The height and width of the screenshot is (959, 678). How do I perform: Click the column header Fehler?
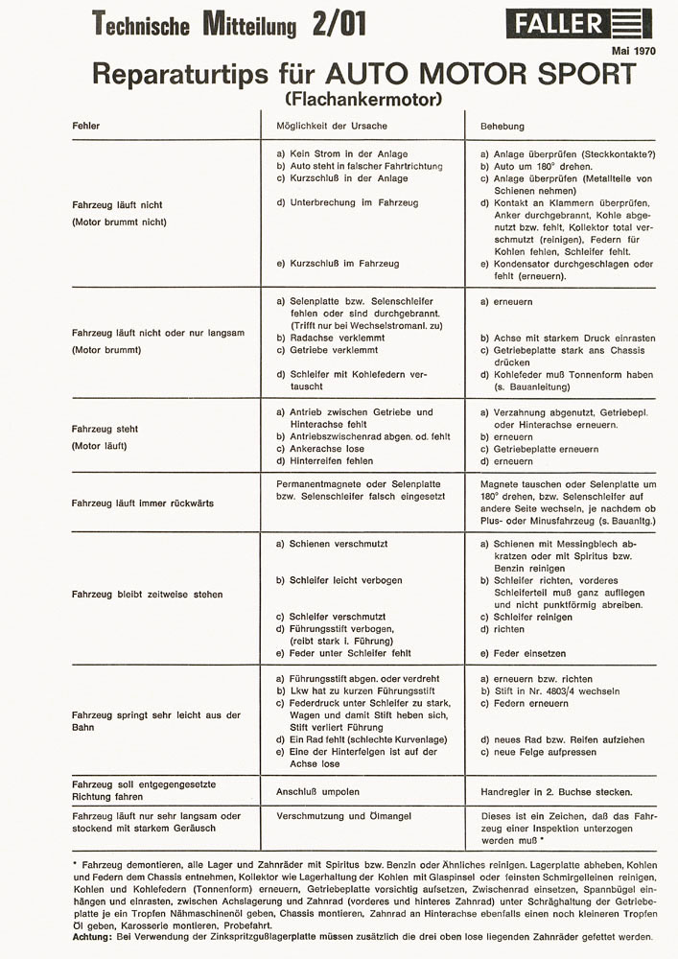click(85, 126)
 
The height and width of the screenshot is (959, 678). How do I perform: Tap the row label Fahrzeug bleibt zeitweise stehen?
click(147, 595)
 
